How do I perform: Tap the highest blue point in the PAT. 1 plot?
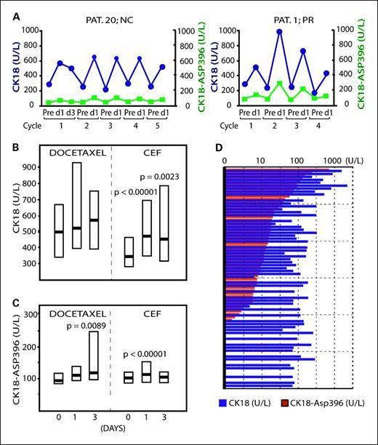click(278, 31)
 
